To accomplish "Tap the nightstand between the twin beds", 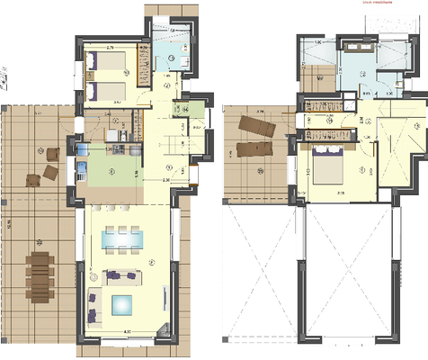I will (91, 76).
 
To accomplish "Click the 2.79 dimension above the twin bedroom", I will (109, 45).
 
